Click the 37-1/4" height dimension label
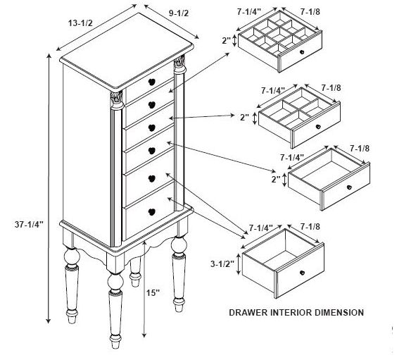[29, 225]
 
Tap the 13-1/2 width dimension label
[80, 23]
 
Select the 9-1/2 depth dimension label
[179, 13]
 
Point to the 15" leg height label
[153, 293]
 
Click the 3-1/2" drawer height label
[222, 263]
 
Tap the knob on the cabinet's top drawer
[152, 82]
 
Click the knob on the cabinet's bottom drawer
[152, 212]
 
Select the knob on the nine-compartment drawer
[302, 52]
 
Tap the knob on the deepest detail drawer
[302, 273]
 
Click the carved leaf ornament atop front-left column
[116, 97]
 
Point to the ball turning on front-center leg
[115, 282]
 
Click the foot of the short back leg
[135, 280]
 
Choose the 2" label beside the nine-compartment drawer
[226, 40]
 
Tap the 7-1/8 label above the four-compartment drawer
[331, 88]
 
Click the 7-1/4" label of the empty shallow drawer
[292, 157]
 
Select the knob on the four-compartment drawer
[318, 127]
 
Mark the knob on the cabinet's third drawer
[152, 128]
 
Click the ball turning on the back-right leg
[179, 244]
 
